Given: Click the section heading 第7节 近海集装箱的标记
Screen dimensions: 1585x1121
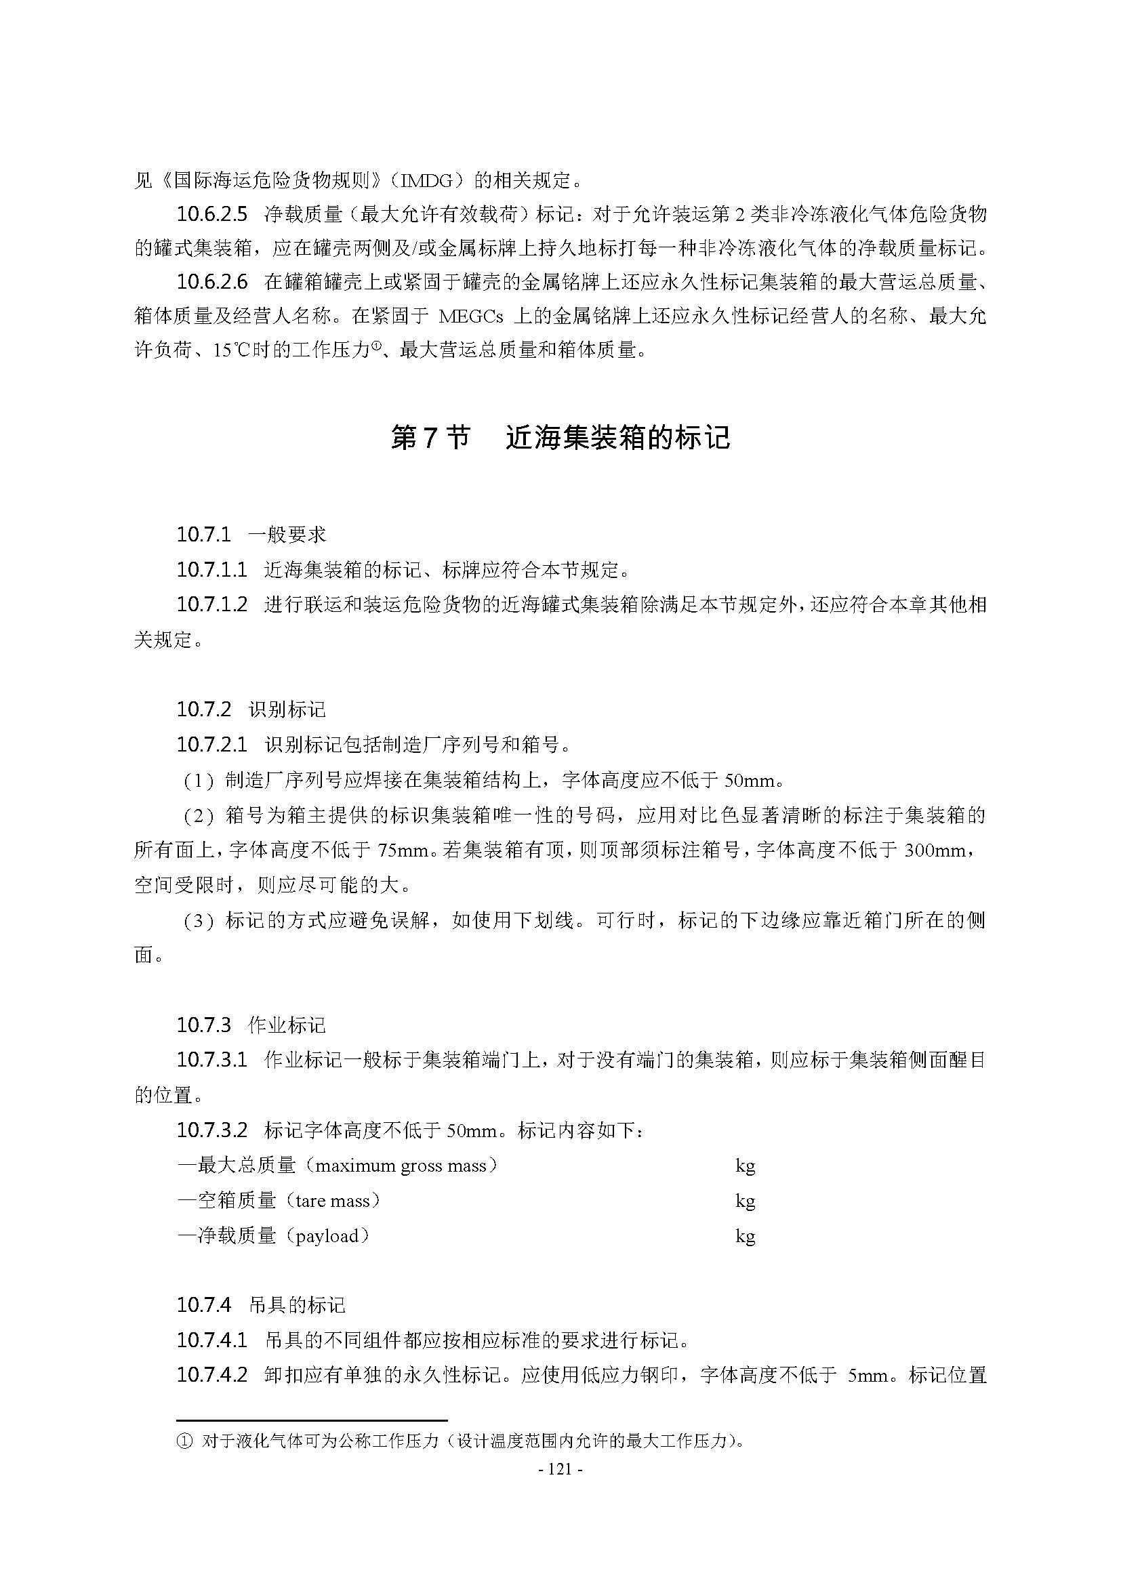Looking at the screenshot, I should click(x=560, y=438).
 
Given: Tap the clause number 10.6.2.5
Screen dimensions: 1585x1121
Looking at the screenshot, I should click(x=211, y=214).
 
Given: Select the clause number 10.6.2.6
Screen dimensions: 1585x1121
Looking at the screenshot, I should click(x=211, y=282).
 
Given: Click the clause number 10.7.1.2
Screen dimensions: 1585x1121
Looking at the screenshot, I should click(x=211, y=604).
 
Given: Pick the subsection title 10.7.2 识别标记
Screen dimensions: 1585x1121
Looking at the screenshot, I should click(x=251, y=709).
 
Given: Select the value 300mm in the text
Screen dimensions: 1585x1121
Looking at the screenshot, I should click(x=934, y=850).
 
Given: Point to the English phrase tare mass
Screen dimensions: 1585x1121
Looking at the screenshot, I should click(x=332, y=1201).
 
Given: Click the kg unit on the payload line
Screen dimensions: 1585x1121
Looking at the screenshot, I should click(x=745, y=1236).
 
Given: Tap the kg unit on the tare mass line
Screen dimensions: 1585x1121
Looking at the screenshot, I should click(x=745, y=1201).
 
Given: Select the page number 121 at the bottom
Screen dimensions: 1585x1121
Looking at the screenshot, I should click(x=559, y=1469).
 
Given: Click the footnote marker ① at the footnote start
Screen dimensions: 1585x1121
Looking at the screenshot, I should click(x=184, y=1441).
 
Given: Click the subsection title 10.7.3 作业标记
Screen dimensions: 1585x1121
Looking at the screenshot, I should click(x=251, y=1025).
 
